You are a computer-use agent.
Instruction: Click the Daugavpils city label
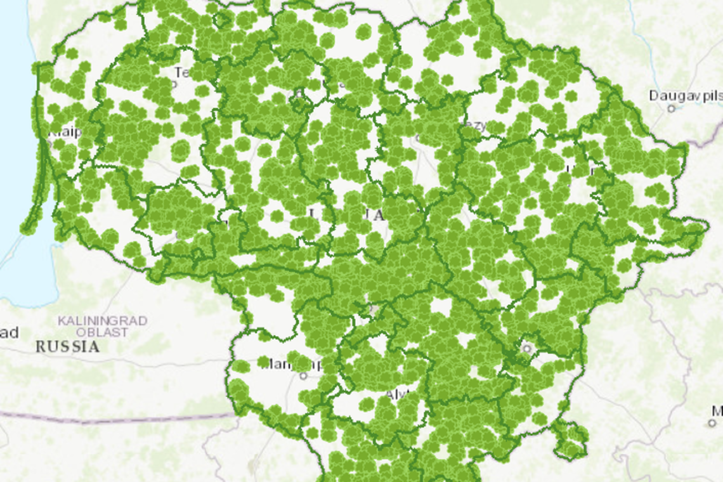point(685,96)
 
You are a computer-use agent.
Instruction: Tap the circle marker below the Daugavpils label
point(671,108)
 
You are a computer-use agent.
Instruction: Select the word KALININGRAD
point(103,321)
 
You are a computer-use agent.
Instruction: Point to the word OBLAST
point(103,332)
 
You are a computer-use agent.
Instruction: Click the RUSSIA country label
point(67,347)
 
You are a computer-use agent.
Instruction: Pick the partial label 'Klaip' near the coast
point(65,133)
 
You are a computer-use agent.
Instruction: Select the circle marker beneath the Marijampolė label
point(303,375)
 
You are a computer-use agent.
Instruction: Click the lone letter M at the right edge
point(717,410)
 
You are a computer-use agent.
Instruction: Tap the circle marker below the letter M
point(712,423)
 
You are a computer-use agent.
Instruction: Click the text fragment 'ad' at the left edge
point(9,333)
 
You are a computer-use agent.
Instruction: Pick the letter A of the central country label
point(379,216)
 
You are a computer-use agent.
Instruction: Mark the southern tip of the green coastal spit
point(26,230)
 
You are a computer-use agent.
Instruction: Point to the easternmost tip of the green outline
point(707,225)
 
